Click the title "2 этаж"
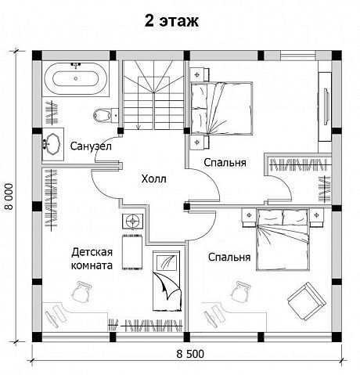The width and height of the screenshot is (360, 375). pyautogui.click(x=171, y=21)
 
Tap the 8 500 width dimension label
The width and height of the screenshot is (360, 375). pyautogui.click(x=190, y=354)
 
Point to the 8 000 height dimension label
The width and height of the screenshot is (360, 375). pyautogui.click(x=9, y=197)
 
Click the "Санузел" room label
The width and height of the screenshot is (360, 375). pyautogui.click(x=91, y=146)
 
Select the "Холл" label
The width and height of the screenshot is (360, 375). pyautogui.click(x=153, y=179)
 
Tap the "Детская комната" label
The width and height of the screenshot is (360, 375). pyautogui.click(x=92, y=259)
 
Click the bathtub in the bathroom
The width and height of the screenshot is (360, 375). pyautogui.click(x=76, y=78)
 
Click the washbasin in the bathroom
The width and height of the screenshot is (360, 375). pyautogui.click(x=53, y=144)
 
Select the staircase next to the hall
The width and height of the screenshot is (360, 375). pyautogui.click(x=153, y=95)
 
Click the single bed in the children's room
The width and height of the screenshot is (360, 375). pyautogui.click(x=167, y=281)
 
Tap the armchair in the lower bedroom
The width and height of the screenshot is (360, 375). pyautogui.click(x=307, y=301)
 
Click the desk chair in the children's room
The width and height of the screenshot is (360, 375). pyautogui.click(x=81, y=292)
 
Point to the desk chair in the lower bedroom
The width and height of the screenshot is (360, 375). pyautogui.click(x=240, y=292)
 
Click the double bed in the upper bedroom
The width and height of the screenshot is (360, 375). pyautogui.click(x=221, y=109)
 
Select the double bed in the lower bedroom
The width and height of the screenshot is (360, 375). pyautogui.click(x=283, y=240)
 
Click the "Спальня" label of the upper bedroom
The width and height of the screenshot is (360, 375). pyautogui.click(x=225, y=163)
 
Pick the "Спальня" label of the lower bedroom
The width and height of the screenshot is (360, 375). pyautogui.click(x=229, y=258)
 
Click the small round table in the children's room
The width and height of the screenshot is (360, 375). pyautogui.click(x=133, y=222)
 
